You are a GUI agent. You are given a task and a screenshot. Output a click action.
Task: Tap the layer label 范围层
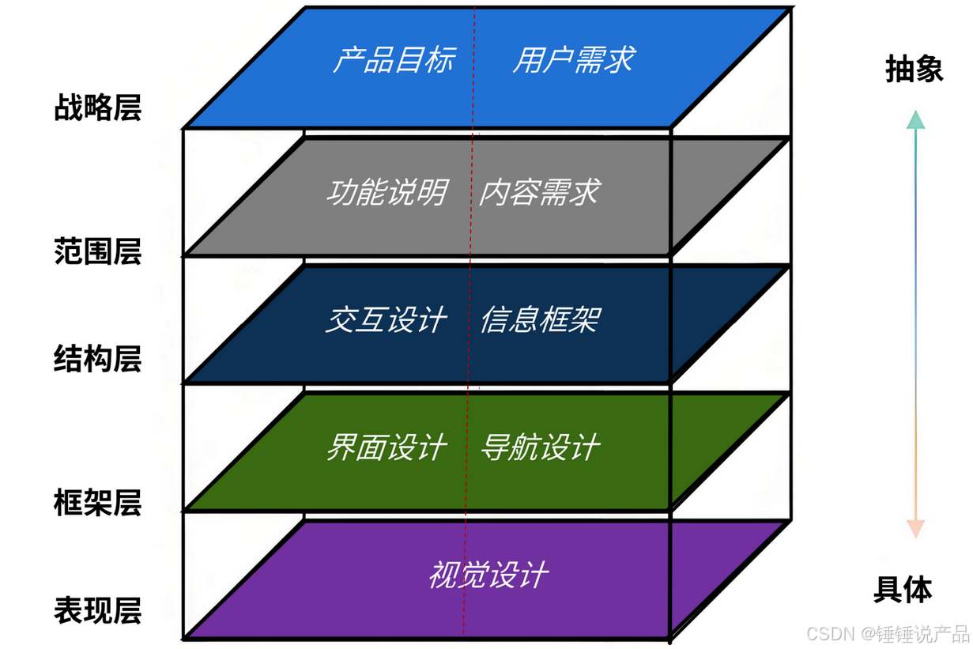[x=97, y=251]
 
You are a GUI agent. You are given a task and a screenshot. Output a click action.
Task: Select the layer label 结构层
[x=97, y=358]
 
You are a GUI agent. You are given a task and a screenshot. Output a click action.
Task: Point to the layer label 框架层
[x=97, y=503]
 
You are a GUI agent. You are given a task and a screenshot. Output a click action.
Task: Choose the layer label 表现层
[x=97, y=610]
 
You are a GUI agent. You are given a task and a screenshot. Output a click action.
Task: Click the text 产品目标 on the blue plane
[x=393, y=60]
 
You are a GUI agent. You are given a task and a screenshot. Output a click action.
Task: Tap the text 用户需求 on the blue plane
[x=573, y=60]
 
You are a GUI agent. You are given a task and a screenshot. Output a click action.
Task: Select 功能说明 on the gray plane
[x=387, y=192]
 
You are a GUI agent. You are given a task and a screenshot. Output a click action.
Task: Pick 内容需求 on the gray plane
[x=539, y=192]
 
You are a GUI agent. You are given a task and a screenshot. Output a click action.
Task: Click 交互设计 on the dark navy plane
[x=387, y=320]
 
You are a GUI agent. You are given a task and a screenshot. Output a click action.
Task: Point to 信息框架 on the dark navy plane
[x=540, y=320]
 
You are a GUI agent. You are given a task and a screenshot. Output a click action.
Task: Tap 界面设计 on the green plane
[x=387, y=448]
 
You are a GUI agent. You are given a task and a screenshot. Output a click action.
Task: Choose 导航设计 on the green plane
[x=540, y=448]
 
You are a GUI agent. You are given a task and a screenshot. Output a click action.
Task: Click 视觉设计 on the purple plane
[x=488, y=575]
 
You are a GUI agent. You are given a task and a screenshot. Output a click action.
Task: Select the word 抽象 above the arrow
[x=915, y=70]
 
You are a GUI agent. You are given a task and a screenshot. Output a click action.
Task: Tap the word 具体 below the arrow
[x=903, y=590]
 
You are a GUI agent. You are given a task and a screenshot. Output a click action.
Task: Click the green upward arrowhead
[x=915, y=120]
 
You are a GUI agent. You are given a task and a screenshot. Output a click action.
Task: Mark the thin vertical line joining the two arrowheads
[x=915, y=324]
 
